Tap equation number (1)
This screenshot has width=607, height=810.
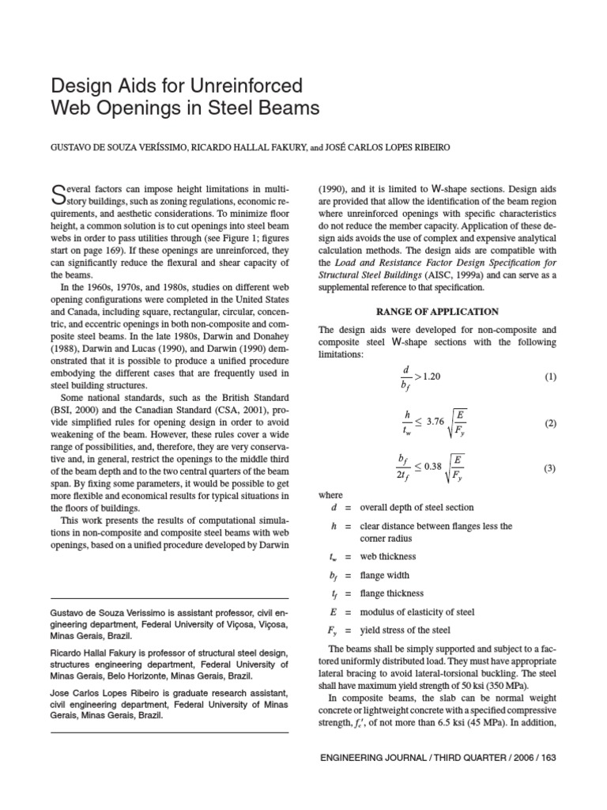pyautogui.click(x=550, y=377)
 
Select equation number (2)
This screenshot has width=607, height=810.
pyautogui.click(x=550, y=423)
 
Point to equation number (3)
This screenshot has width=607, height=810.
pyautogui.click(x=550, y=468)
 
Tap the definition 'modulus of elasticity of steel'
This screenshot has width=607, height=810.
pyautogui.click(x=417, y=611)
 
